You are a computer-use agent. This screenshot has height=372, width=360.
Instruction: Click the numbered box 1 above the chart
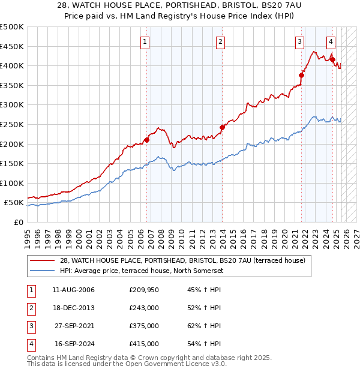click(x=146, y=41)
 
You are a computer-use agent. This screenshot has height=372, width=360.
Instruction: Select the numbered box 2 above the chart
click(x=221, y=41)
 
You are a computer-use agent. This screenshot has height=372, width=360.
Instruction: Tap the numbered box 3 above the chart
click(x=299, y=41)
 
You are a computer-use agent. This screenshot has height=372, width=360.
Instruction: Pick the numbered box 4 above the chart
click(x=331, y=41)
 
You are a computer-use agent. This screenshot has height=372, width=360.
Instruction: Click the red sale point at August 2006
click(x=146, y=140)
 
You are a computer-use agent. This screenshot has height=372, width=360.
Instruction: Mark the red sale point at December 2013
click(x=221, y=127)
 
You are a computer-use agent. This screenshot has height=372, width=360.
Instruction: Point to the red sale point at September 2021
click(x=301, y=76)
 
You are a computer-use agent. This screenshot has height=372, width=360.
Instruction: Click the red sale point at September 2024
click(x=332, y=59)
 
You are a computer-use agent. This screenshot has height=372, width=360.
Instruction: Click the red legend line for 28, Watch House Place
click(x=42, y=260)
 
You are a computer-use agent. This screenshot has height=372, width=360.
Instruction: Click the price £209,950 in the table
click(x=144, y=290)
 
